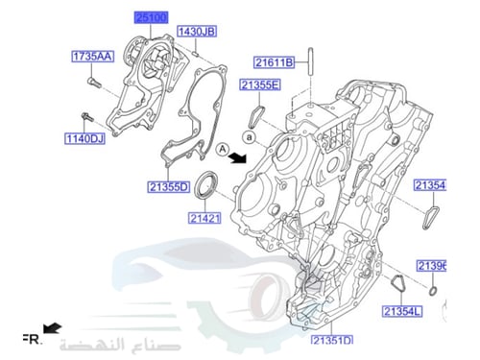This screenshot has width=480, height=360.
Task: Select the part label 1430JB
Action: point(195,32)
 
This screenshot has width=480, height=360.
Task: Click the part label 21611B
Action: point(276,63)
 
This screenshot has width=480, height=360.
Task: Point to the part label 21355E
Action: point(260,85)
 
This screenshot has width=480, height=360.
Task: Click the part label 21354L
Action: point(402,312)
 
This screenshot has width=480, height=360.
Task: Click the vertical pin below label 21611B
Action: point(311,61)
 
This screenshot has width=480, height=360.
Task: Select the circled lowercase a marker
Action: point(248,138)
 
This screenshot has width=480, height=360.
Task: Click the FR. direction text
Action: point(31,339)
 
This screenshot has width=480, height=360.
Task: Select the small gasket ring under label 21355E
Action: point(256,114)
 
